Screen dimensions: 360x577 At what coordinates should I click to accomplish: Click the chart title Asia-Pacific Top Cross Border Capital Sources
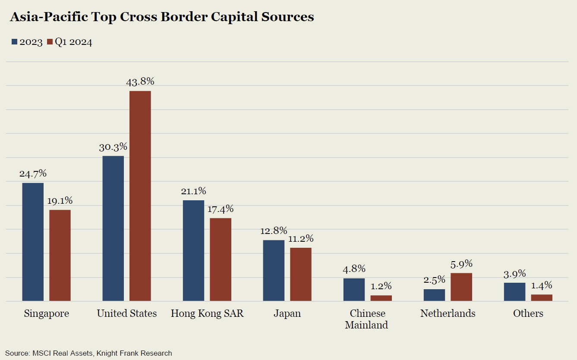click(161, 17)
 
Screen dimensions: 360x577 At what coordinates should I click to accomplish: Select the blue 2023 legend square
click(14, 42)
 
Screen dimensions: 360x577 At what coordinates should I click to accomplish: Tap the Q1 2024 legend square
click(50, 42)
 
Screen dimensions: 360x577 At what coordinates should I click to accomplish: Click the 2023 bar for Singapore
click(33, 242)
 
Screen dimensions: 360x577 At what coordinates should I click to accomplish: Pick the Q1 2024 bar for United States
click(140, 196)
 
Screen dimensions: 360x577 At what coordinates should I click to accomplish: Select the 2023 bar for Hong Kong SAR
click(193, 250)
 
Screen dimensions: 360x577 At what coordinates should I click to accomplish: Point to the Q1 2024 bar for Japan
click(300, 274)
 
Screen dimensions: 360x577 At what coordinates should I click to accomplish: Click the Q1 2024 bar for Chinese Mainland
click(381, 298)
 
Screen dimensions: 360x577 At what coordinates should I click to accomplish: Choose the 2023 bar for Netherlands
click(434, 295)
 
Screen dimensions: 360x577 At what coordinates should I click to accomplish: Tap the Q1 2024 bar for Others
click(542, 297)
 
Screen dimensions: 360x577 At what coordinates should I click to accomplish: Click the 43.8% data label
click(140, 82)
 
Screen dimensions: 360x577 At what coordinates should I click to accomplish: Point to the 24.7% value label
click(33, 174)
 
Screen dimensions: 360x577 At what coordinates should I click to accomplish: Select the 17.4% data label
click(220, 209)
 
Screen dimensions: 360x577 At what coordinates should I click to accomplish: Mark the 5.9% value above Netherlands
click(461, 264)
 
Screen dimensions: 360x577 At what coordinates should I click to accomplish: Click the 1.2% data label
click(381, 286)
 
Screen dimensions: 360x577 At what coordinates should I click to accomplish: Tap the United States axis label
click(127, 313)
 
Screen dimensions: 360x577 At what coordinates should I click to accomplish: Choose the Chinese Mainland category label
click(367, 319)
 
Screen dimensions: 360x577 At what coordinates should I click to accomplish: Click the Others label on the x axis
click(528, 313)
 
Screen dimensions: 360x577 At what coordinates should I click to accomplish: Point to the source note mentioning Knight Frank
click(88, 353)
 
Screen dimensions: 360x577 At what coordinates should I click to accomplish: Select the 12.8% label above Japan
click(274, 231)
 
